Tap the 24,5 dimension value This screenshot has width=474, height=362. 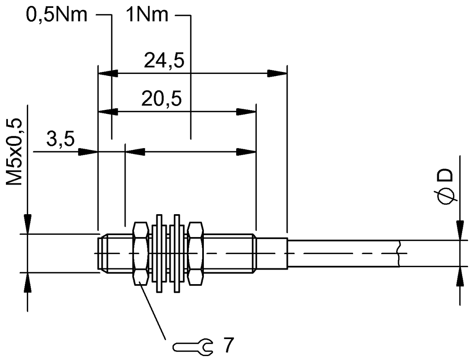pyautogui.click(x=164, y=61)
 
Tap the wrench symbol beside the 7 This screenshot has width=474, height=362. pyautogui.click(x=194, y=346)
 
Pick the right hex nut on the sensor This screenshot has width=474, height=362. pyautogui.click(x=196, y=253)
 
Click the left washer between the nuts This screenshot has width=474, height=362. pyautogui.click(x=159, y=253)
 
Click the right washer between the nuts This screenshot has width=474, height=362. pyautogui.click(x=177, y=253)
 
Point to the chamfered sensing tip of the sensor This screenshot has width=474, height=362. pyautogui.click(x=102, y=253)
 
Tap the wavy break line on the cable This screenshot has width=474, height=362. pyautogui.click(x=400, y=253)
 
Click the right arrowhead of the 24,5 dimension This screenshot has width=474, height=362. pyautogui.click(x=277, y=74)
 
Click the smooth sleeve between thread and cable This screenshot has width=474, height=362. pyautogui.click(x=271, y=253)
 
